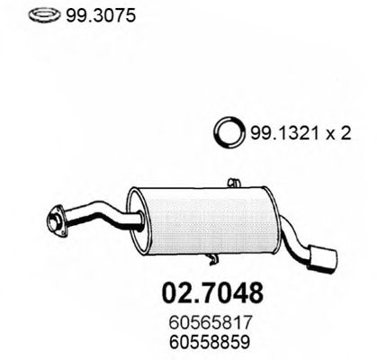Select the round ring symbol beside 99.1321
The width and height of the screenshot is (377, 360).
click(x=227, y=134)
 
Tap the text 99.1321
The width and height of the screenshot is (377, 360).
click(x=279, y=134)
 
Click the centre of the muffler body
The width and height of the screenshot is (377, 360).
click(x=203, y=217)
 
